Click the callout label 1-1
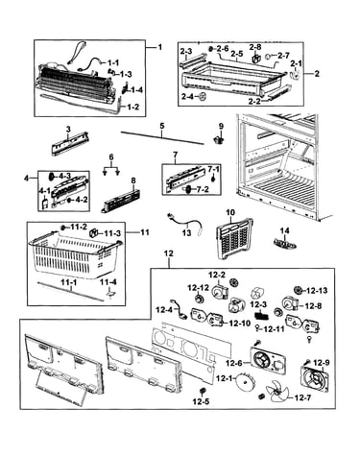(112, 62)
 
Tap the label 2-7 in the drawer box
(283, 56)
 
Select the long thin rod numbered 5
(162, 138)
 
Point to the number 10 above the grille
(230, 212)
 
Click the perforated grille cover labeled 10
(234, 238)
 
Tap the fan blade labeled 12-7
(276, 391)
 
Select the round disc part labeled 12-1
(245, 383)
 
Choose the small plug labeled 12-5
(203, 391)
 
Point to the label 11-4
(108, 282)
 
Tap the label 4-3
(64, 176)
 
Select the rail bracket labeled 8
(121, 202)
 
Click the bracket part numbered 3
(70, 143)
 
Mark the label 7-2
(202, 190)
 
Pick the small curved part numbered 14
(285, 242)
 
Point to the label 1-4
(136, 90)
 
